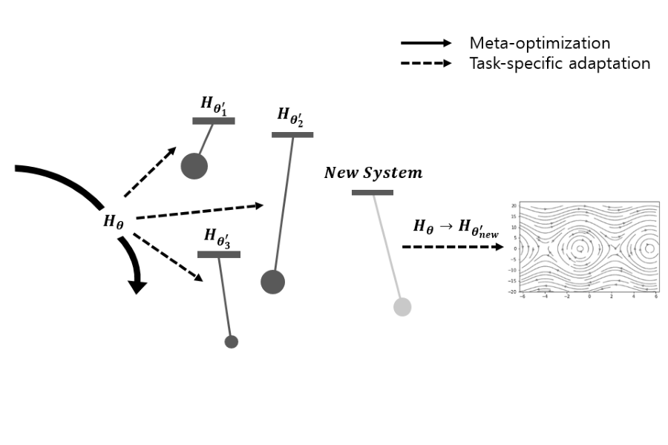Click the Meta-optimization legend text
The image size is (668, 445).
tap(540, 43)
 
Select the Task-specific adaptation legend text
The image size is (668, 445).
tap(560, 63)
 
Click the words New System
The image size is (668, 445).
tap(373, 174)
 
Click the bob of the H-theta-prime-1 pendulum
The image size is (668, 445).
tap(194, 165)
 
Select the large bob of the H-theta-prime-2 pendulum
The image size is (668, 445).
tap(272, 282)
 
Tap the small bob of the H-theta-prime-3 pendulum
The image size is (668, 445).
tap(231, 342)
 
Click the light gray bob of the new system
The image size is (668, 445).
tap(402, 306)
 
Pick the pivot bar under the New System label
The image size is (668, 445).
tap(373, 193)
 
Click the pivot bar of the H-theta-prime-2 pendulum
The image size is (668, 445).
tap(292, 134)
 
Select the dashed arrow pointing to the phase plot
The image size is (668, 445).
tap(453, 246)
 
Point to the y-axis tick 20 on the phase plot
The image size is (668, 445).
tap(514, 205)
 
